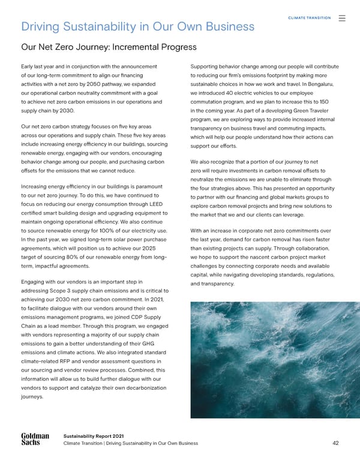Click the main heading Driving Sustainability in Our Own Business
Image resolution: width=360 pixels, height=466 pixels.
(x=137, y=26)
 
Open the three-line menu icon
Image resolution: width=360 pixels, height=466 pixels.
(x=342, y=18)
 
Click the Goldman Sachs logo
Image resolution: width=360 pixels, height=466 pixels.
(x=35, y=440)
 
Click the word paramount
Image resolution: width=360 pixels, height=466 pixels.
(x=146, y=186)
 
